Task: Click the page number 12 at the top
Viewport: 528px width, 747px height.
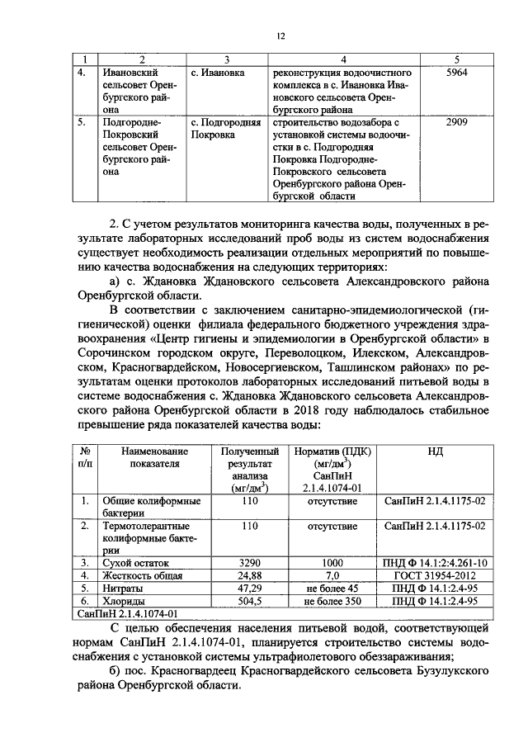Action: pos(280,36)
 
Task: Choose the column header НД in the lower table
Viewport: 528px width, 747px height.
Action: pos(435,452)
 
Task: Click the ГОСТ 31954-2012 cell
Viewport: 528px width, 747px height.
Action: pos(435,574)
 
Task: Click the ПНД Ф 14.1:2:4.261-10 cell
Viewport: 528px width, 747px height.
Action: pos(435,562)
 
